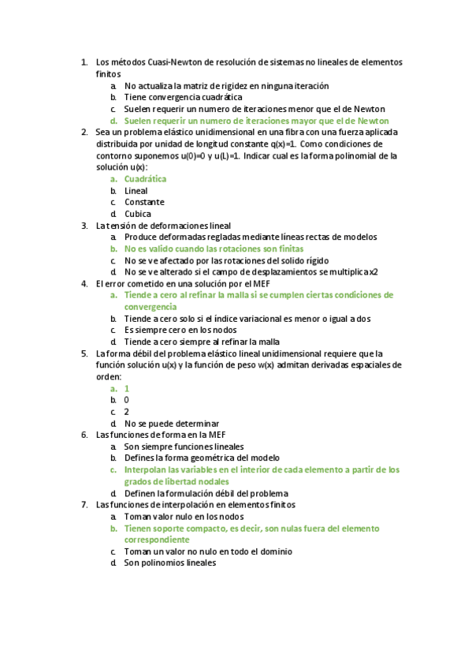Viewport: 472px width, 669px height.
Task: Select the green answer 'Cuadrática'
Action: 145,179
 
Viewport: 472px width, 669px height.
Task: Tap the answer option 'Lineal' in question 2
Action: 136,191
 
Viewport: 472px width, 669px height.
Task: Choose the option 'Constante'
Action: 144,202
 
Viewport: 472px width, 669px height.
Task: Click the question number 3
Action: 84,226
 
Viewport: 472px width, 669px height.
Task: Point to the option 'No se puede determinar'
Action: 171,424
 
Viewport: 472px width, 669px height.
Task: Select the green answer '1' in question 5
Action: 127,389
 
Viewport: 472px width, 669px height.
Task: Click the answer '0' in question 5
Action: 127,400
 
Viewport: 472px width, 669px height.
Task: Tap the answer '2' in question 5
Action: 127,412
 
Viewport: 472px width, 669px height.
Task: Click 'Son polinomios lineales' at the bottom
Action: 169,563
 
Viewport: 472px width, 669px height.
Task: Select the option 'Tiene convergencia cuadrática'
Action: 172,97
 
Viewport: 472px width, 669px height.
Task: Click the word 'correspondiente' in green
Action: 156,540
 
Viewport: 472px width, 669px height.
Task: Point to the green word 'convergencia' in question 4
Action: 151,306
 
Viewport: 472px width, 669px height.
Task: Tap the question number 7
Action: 84,505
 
